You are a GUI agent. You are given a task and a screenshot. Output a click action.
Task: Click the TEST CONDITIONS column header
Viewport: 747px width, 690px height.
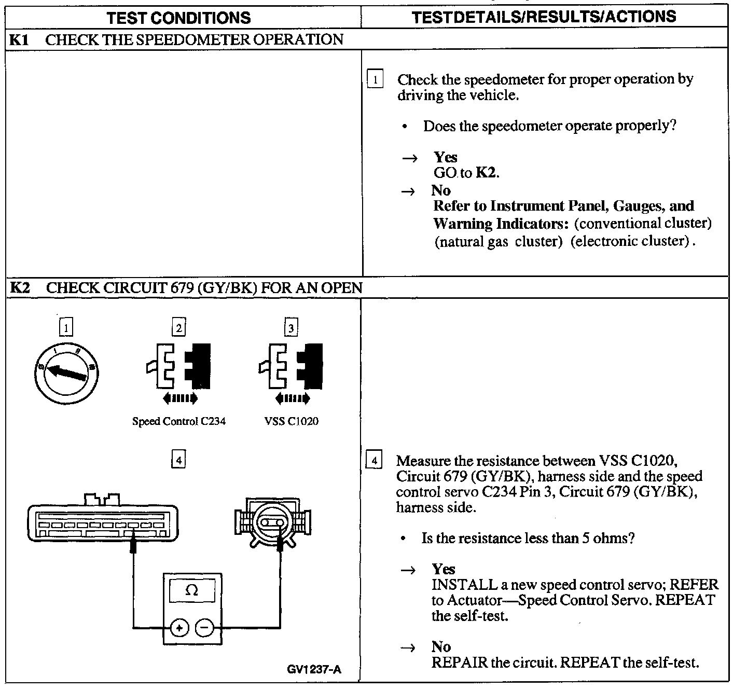pos(178,18)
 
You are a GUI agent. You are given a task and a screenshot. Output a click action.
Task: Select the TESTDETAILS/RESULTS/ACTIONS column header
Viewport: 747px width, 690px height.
pos(544,17)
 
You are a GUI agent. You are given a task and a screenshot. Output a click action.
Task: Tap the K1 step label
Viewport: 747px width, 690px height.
pos(20,40)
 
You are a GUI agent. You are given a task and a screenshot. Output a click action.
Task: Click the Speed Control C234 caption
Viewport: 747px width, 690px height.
pos(179,421)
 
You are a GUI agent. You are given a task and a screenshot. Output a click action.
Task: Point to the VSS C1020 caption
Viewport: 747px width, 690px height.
pos(291,421)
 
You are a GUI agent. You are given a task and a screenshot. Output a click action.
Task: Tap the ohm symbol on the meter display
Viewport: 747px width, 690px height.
pos(192,590)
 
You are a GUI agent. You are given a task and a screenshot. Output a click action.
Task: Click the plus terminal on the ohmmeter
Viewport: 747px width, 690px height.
pos(179,629)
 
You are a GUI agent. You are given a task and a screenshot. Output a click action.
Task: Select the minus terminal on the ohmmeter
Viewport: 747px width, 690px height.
pos(204,629)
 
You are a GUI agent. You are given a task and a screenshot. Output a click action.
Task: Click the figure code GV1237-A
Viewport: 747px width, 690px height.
pos(314,669)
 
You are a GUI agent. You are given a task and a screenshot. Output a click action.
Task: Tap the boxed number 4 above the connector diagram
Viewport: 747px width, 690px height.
pos(178,460)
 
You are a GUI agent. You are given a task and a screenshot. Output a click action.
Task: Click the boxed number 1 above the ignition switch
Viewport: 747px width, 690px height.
pos(66,327)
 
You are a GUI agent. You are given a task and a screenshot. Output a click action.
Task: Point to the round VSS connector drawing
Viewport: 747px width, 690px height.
pos(272,522)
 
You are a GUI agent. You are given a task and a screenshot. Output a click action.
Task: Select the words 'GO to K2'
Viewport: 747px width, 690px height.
pos(466,173)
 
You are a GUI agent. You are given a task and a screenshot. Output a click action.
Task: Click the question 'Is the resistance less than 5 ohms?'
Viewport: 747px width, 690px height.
pos(528,538)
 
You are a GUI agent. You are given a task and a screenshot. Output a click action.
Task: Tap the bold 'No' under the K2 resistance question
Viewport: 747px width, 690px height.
pos(441,646)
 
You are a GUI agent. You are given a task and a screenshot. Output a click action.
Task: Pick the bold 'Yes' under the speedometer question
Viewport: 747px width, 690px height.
pos(445,157)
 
